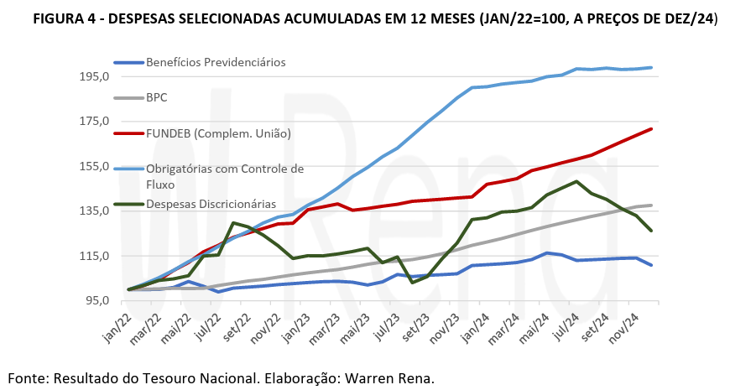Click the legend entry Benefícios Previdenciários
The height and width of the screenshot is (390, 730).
tap(216, 62)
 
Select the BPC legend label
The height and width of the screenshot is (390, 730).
tap(157, 97)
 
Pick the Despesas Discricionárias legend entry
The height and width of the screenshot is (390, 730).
tap(211, 204)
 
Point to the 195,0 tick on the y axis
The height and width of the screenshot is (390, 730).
tap(94, 76)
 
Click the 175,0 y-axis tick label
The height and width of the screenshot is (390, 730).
tap(94, 122)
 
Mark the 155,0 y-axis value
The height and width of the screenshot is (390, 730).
tap(94, 166)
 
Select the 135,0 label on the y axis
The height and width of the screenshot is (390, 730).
tap(94, 211)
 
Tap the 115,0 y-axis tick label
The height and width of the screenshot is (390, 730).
tap(94, 256)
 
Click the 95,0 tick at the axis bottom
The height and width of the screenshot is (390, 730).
tap(96, 301)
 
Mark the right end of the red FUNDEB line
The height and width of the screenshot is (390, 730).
tap(652, 129)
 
